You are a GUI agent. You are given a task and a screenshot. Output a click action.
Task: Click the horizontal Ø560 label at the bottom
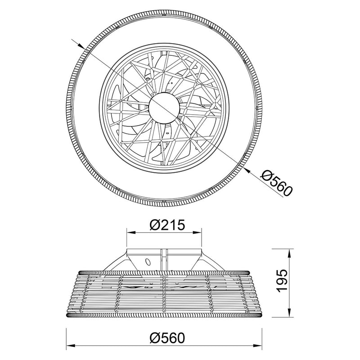pos(167,338)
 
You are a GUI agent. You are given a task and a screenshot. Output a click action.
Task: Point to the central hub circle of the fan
pos(164,108)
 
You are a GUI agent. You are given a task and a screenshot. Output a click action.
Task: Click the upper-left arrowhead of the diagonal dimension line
pos(81,45)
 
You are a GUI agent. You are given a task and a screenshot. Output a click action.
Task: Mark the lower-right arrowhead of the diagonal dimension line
pos(247,170)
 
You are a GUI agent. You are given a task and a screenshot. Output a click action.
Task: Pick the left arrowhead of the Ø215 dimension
pos(131,232)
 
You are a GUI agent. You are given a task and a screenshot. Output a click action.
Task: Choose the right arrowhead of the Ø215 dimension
pos(198,232)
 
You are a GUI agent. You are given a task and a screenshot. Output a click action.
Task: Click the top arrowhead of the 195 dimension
pos(289,253)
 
